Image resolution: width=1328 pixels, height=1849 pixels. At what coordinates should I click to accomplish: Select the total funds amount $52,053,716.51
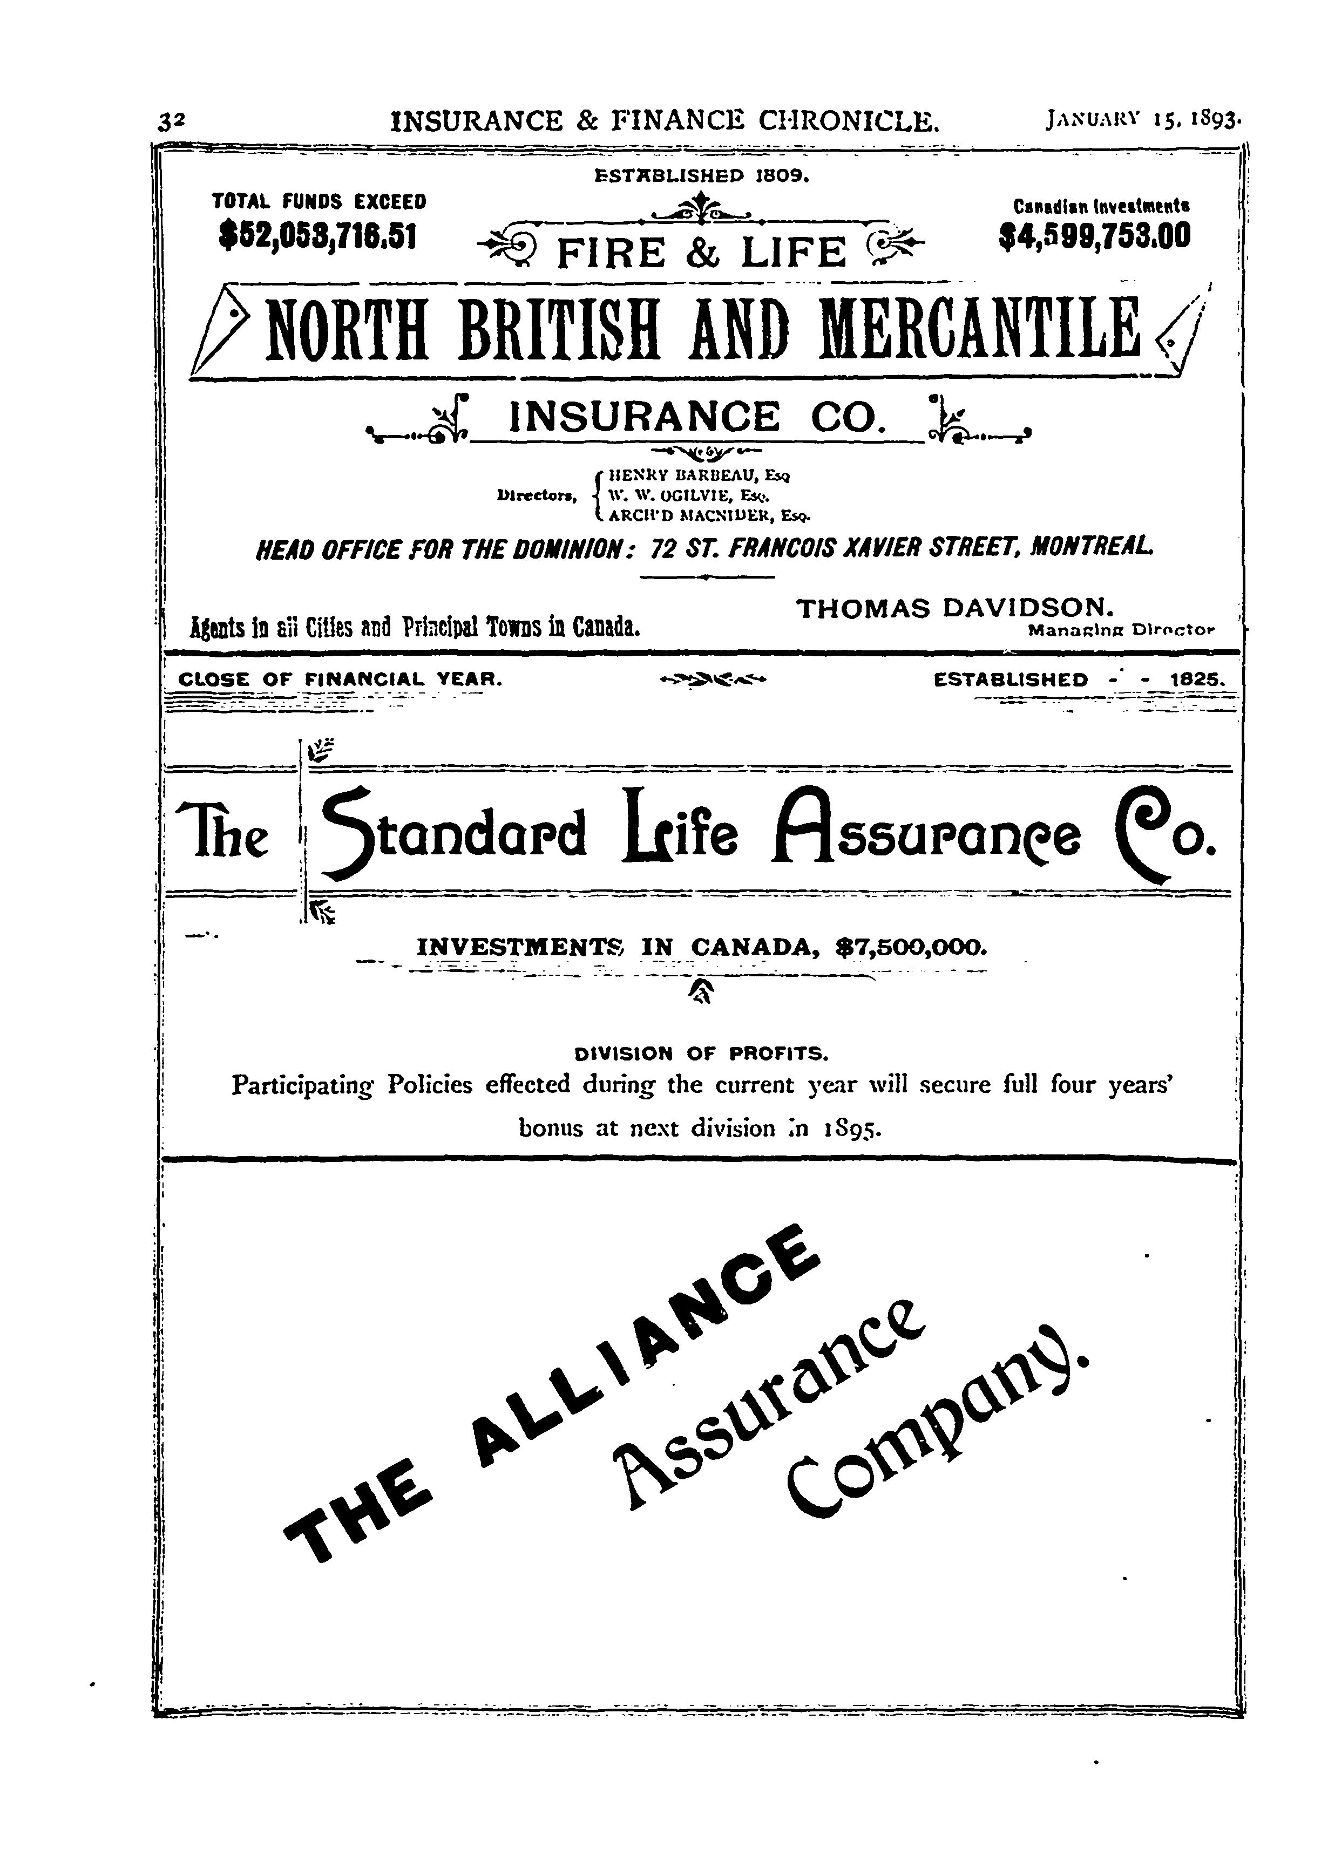pyautogui.click(x=318, y=236)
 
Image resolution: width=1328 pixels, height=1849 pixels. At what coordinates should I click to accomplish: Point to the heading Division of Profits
pyautogui.click(x=701, y=1053)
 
